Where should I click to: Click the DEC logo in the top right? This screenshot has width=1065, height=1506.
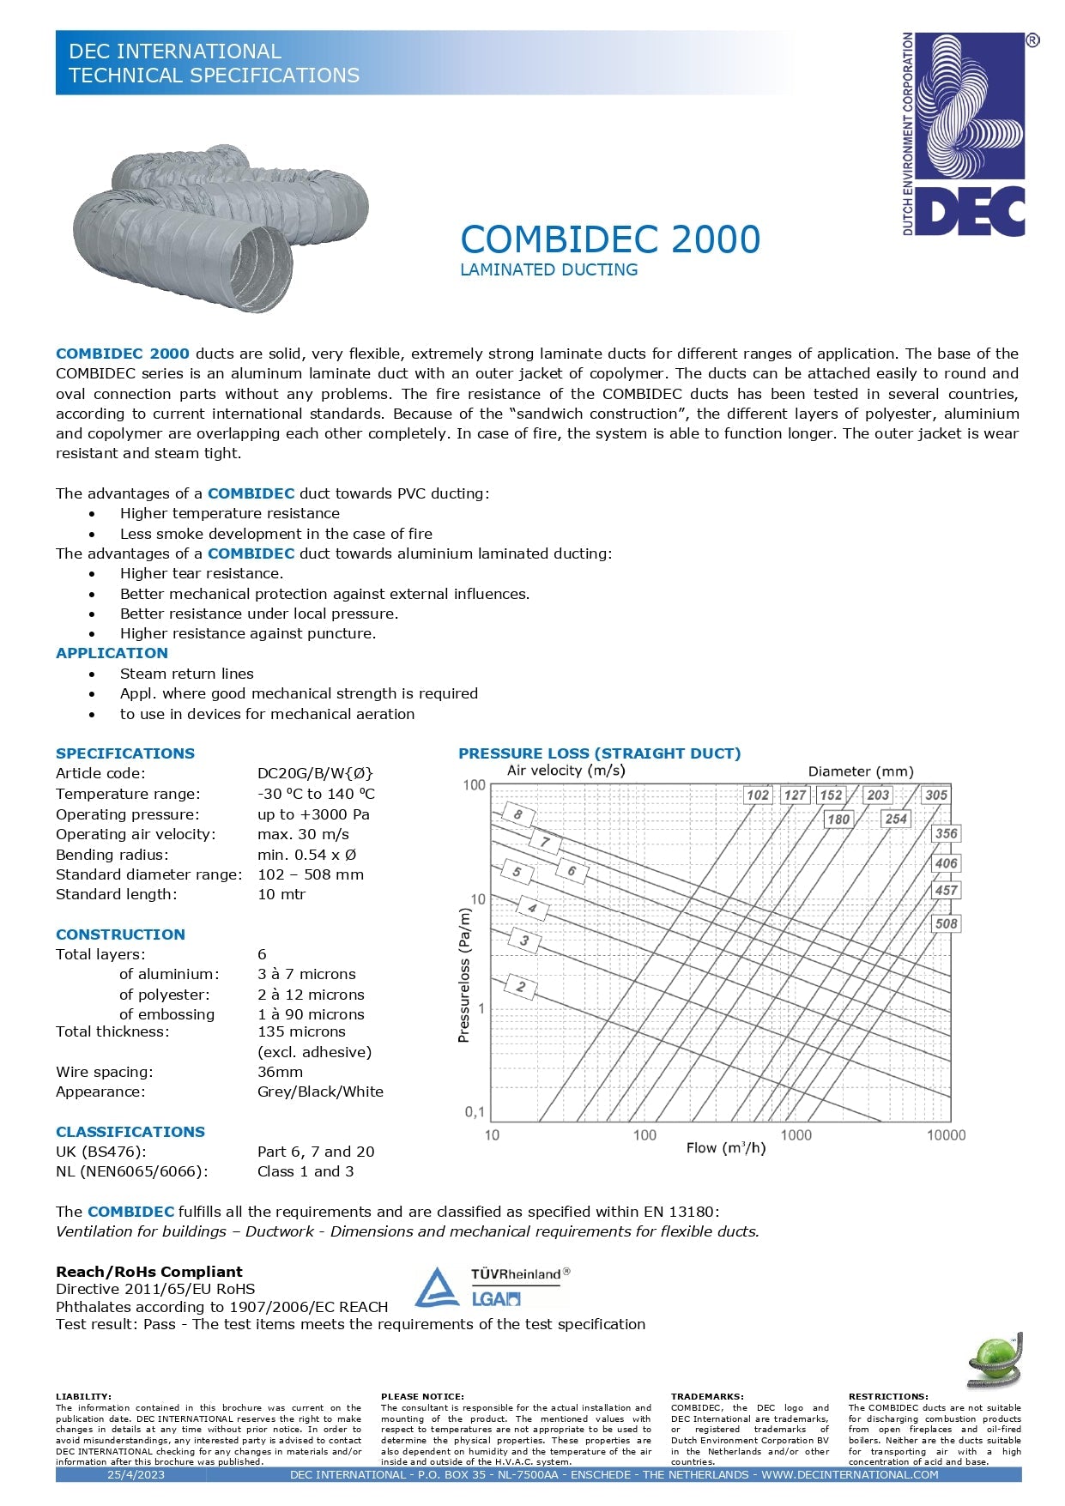(x=965, y=135)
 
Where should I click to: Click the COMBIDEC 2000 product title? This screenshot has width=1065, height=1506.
(x=610, y=239)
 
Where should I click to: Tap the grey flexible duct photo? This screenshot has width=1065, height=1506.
(x=221, y=227)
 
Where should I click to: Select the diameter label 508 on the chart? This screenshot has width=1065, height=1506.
(x=946, y=924)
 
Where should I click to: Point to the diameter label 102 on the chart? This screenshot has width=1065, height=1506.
(x=758, y=795)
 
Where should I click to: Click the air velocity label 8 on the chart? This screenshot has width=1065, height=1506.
(x=517, y=814)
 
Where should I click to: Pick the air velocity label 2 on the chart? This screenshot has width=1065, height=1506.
(x=520, y=987)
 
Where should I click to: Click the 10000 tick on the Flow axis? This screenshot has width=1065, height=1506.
(x=946, y=1135)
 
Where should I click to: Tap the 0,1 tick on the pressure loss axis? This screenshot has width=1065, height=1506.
(x=475, y=1112)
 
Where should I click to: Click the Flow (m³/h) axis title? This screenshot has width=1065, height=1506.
(x=726, y=1148)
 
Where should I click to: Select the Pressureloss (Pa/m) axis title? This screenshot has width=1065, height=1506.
(x=464, y=976)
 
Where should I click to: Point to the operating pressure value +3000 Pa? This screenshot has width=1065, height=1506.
(x=313, y=814)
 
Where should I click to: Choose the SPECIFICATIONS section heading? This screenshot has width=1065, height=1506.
(x=125, y=753)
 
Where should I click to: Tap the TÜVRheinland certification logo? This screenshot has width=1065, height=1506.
(x=493, y=1287)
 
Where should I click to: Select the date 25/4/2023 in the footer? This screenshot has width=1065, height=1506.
(x=136, y=1474)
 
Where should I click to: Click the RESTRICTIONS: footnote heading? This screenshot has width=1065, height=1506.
(x=888, y=1396)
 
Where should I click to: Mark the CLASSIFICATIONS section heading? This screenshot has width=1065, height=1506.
(x=130, y=1132)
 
